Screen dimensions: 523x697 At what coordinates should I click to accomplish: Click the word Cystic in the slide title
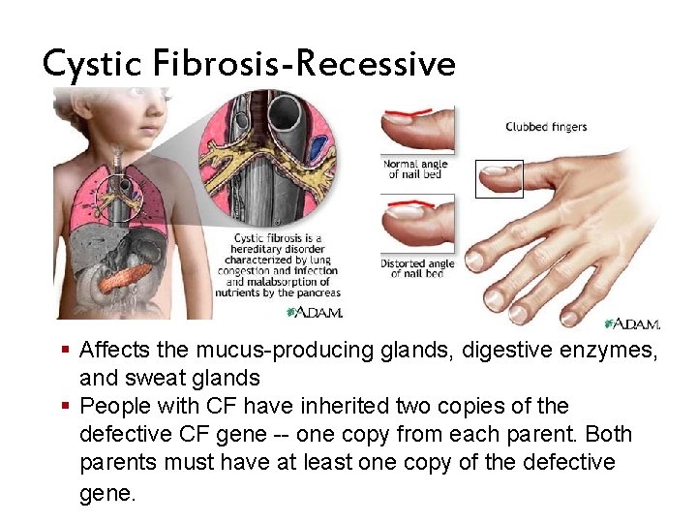pos(92,65)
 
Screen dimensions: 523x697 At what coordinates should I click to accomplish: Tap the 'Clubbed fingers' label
pos(546,127)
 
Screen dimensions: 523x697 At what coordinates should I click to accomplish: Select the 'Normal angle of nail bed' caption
pos(412,169)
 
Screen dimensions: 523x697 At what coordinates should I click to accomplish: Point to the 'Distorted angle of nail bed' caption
pos(415,268)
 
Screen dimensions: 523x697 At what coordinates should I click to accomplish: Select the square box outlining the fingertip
pos(499,179)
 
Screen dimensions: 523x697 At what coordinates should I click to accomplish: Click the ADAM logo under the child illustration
pos(315,312)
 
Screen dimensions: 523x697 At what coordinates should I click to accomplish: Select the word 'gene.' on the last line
pos(107,492)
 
